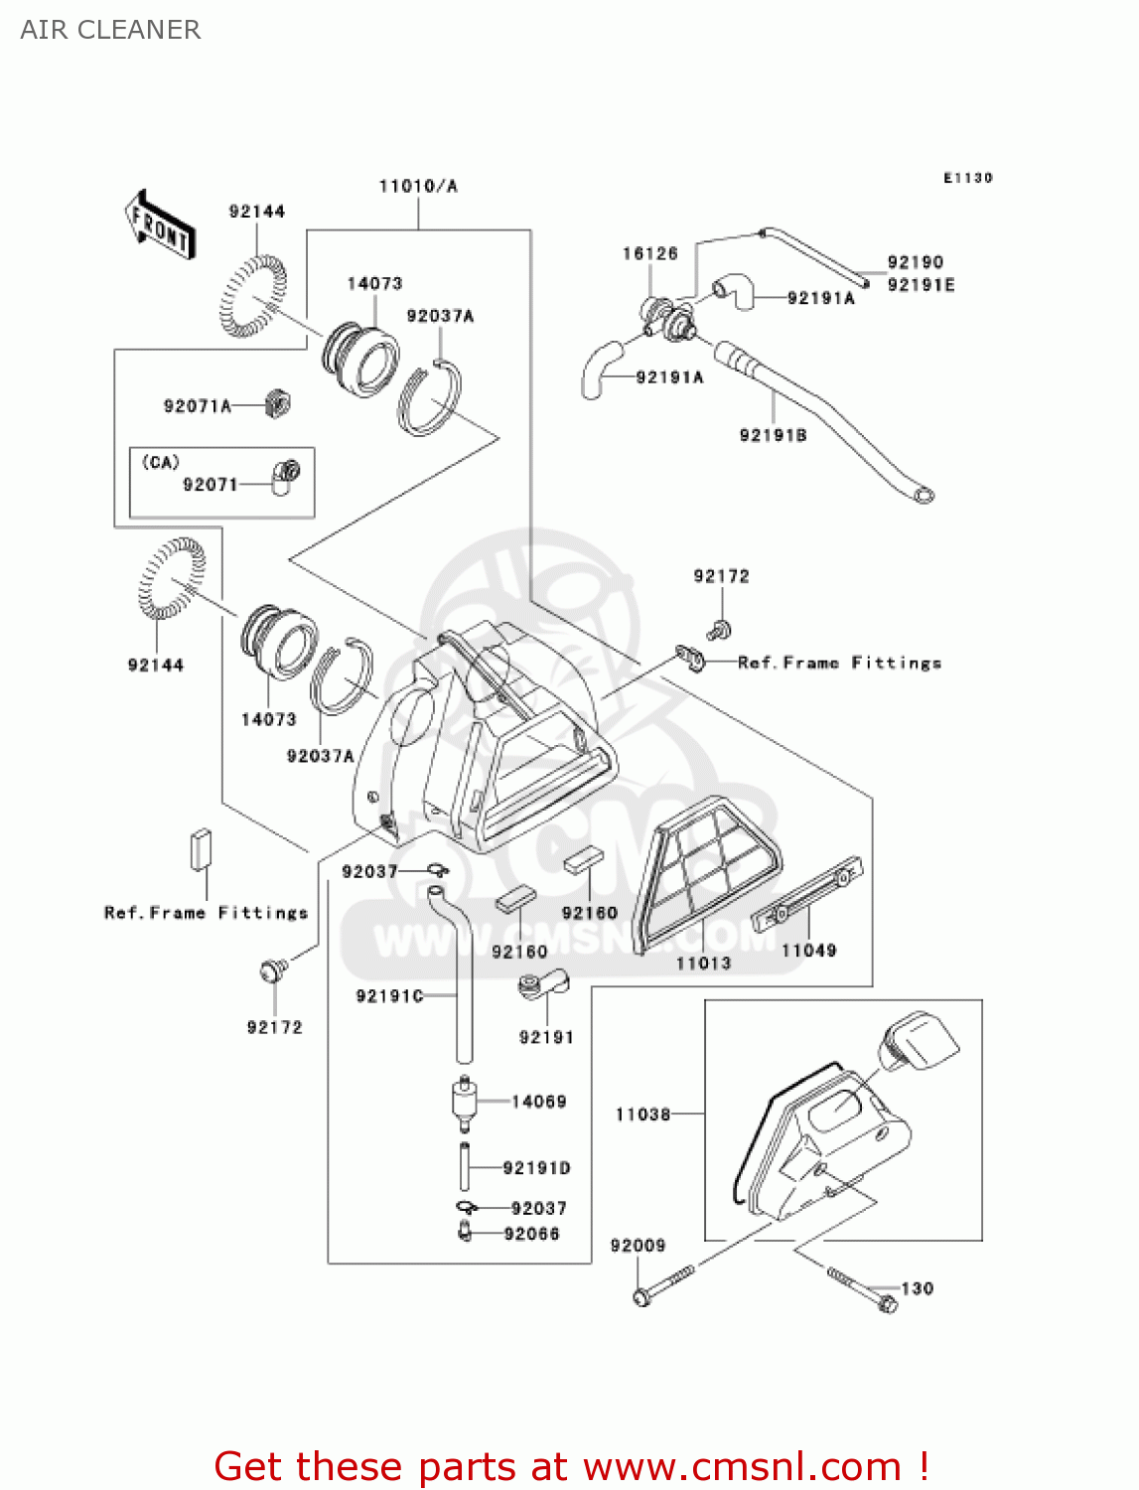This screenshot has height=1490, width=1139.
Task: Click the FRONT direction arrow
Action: click(x=160, y=225)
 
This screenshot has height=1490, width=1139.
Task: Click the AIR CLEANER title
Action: click(x=110, y=30)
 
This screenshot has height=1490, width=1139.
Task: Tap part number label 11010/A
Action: click(x=418, y=186)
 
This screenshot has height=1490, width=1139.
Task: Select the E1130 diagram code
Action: click(x=967, y=178)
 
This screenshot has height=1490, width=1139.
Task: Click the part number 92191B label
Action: click(x=773, y=435)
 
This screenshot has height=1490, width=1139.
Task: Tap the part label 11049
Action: click(x=808, y=951)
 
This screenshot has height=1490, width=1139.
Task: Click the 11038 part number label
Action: click(x=642, y=1115)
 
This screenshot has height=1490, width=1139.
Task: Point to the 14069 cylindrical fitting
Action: click(x=462, y=1101)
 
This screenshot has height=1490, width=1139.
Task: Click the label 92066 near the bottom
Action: click(x=531, y=1234)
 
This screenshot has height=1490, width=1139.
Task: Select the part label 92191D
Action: click(x=536, y=1168)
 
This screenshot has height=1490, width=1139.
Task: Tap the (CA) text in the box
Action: click(x=161, y=462)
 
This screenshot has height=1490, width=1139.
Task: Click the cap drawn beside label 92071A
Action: click(x=278, y=402)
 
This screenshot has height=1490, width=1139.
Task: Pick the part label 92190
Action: click(x=915, y=262)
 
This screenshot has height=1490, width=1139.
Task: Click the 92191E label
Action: click(x=921, y=285)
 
